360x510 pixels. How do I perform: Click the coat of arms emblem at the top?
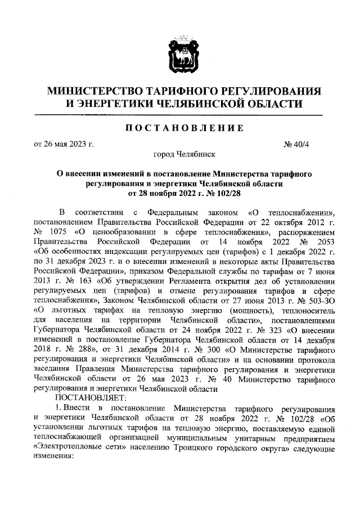point(179,57)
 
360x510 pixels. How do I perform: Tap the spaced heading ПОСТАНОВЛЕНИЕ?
point(179,128)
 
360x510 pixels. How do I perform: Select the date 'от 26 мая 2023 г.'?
point(64,143)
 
